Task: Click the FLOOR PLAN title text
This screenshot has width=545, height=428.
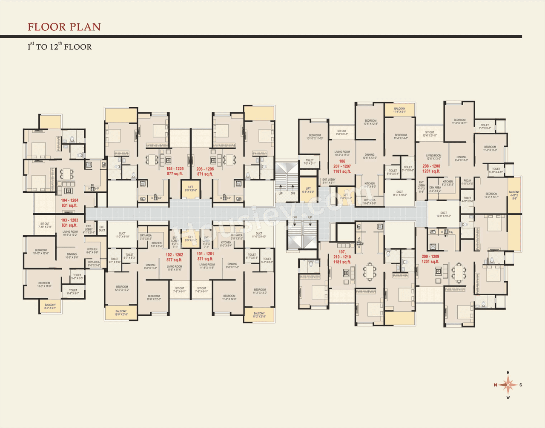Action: [64, 27]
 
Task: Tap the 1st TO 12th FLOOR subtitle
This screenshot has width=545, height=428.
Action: [60, 46]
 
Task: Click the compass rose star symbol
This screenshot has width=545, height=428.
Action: [508, 385]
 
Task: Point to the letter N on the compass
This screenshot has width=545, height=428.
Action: [495, 385]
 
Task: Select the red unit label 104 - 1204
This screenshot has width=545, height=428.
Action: [69, 200]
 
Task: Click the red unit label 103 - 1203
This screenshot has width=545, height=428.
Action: [69, 220]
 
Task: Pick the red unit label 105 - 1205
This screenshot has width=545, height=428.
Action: [175, 169]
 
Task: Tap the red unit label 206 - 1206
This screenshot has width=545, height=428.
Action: [205, 169]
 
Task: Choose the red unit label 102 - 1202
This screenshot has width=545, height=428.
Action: [175, 255]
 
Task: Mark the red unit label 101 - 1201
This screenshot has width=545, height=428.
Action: [205, 254]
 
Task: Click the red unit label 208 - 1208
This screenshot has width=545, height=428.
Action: [431, 166]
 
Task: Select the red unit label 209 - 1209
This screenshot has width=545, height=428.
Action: [430, 257]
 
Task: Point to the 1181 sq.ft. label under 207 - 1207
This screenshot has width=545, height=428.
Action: [342, 171]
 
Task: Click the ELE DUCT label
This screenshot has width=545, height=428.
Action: [102, 229]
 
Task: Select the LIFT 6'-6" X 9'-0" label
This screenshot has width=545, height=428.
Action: [308, 190]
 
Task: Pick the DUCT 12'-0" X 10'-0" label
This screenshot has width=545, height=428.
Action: [444, 214]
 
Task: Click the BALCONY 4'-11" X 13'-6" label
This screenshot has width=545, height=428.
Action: [514, 195]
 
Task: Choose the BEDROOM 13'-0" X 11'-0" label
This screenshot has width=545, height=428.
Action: [44, 285]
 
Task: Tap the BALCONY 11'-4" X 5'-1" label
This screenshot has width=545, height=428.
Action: [399, 110]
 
